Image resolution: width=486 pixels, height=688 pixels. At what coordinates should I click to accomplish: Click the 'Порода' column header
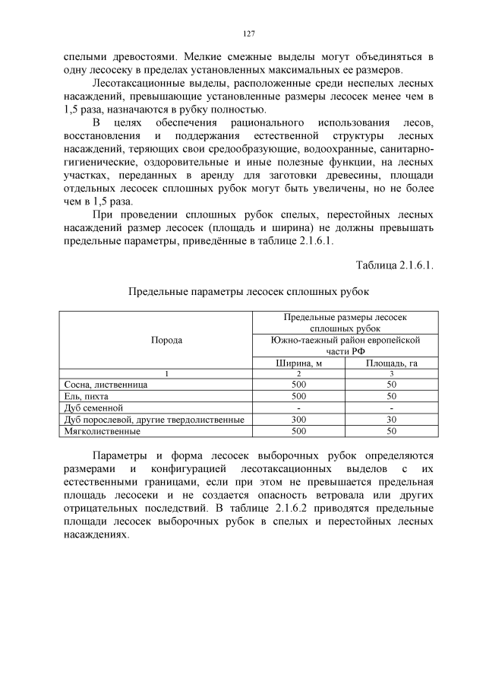pos(167,340)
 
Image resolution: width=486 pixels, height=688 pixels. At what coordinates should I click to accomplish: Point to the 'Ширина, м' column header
pos(298,363)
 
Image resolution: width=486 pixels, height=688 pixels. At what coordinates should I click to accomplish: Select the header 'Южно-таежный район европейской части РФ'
pos(345,345)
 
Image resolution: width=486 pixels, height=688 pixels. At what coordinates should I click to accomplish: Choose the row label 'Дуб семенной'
pos(93,408)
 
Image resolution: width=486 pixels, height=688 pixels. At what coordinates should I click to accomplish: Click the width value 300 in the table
pos(298,420)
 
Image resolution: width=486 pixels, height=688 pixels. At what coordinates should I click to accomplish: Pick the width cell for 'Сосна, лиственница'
pos(298,385)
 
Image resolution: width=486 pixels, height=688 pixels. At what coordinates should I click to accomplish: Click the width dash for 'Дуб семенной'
pos(298,408)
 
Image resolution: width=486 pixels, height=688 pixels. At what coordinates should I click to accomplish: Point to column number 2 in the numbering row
pos(298,374)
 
